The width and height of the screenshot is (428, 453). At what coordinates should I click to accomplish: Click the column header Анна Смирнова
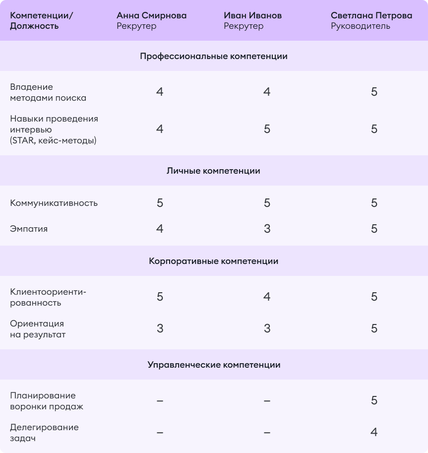point(151,15)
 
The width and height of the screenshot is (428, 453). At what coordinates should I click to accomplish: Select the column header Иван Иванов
point(252,15)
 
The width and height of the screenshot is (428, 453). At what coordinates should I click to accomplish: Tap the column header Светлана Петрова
point(371,15)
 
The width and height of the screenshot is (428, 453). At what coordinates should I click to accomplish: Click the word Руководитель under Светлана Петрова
point(360,26)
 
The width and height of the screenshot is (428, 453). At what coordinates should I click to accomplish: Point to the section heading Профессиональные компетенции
point(214,57)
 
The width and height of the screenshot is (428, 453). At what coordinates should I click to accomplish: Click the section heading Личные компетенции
point(214,171)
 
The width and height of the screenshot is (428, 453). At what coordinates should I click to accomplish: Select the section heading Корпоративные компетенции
point(214,261)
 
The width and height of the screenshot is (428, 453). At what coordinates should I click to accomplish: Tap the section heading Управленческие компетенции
point(214,365)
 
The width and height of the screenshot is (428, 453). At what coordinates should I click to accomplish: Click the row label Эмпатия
point(29,229)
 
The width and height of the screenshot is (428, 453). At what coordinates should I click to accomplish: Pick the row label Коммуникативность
point(54,203)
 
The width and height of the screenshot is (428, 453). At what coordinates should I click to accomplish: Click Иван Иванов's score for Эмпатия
point(267,229)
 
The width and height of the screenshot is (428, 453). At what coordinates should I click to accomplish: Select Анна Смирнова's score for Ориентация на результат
point(160,328)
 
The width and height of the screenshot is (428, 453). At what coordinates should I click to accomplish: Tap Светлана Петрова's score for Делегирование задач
point(374,432)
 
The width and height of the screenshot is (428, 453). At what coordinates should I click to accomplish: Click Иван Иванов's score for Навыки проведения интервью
point(267,129)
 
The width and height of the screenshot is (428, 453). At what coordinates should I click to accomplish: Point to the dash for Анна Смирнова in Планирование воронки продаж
point(160,401)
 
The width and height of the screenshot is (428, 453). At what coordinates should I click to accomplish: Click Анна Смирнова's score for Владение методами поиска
point(160,92)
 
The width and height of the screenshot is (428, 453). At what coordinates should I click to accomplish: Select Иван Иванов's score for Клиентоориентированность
point(267,297)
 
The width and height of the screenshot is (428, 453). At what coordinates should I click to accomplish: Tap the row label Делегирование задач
point(44,433)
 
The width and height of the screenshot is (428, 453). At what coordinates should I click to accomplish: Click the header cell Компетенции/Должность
point(41,21)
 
